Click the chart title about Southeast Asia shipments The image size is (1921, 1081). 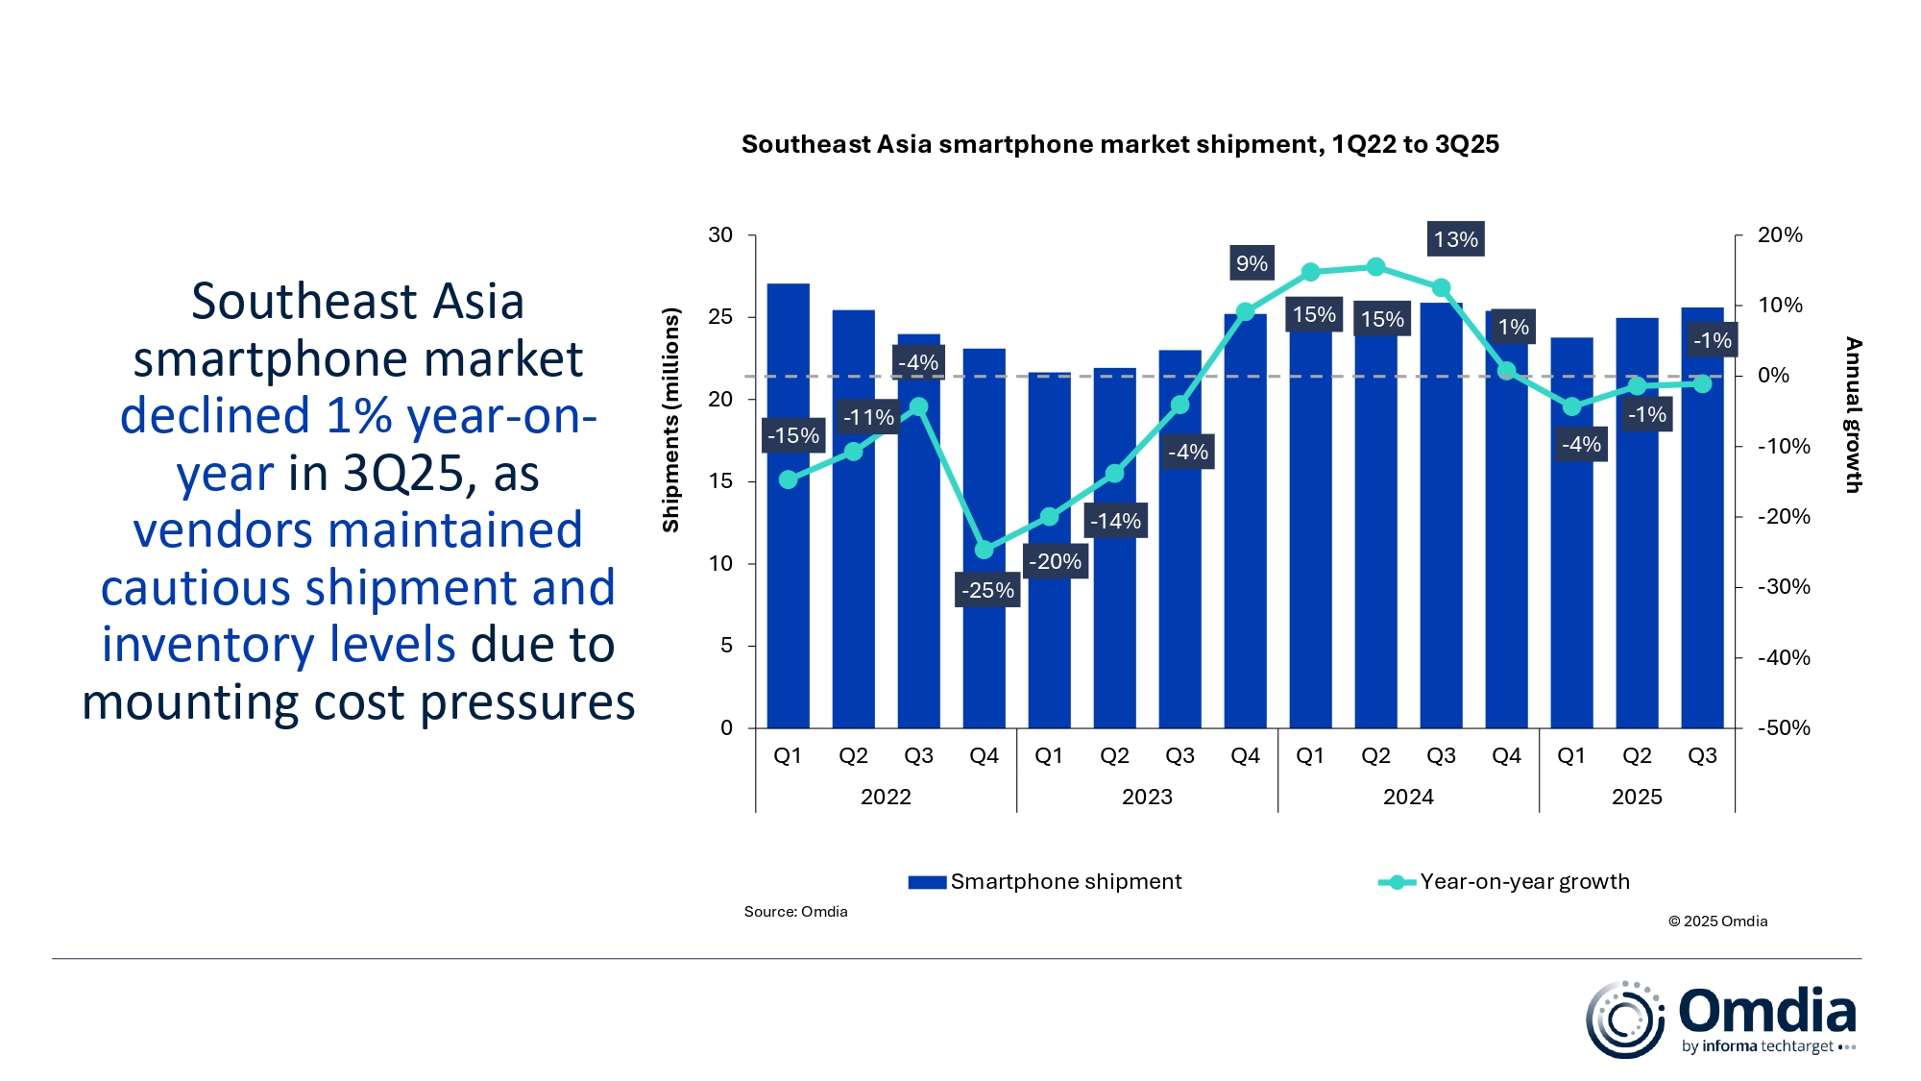click(x=1120, y=144)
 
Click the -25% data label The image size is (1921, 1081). click(x=987, y=590)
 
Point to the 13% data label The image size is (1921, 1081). click(x=1455, y=239)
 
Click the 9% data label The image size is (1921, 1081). click(x=1252, y=263)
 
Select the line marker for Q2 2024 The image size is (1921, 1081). click(x=1375, y=267)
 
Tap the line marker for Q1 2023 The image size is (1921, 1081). click(x=1050, y=517)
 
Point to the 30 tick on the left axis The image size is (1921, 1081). click(x=720, y=235)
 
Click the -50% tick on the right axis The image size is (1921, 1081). click(x=1784, y=727)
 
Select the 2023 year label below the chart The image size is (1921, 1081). click(x=1147, y=797)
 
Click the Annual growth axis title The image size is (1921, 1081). click(x=1853, y=415)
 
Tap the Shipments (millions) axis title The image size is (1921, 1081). click(x=670, y=420)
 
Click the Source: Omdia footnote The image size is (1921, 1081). click(x=795, y=911)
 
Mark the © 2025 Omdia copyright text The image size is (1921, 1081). click(x=1717, y=921)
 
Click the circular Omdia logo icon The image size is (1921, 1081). click(x=1624, y=1020)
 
